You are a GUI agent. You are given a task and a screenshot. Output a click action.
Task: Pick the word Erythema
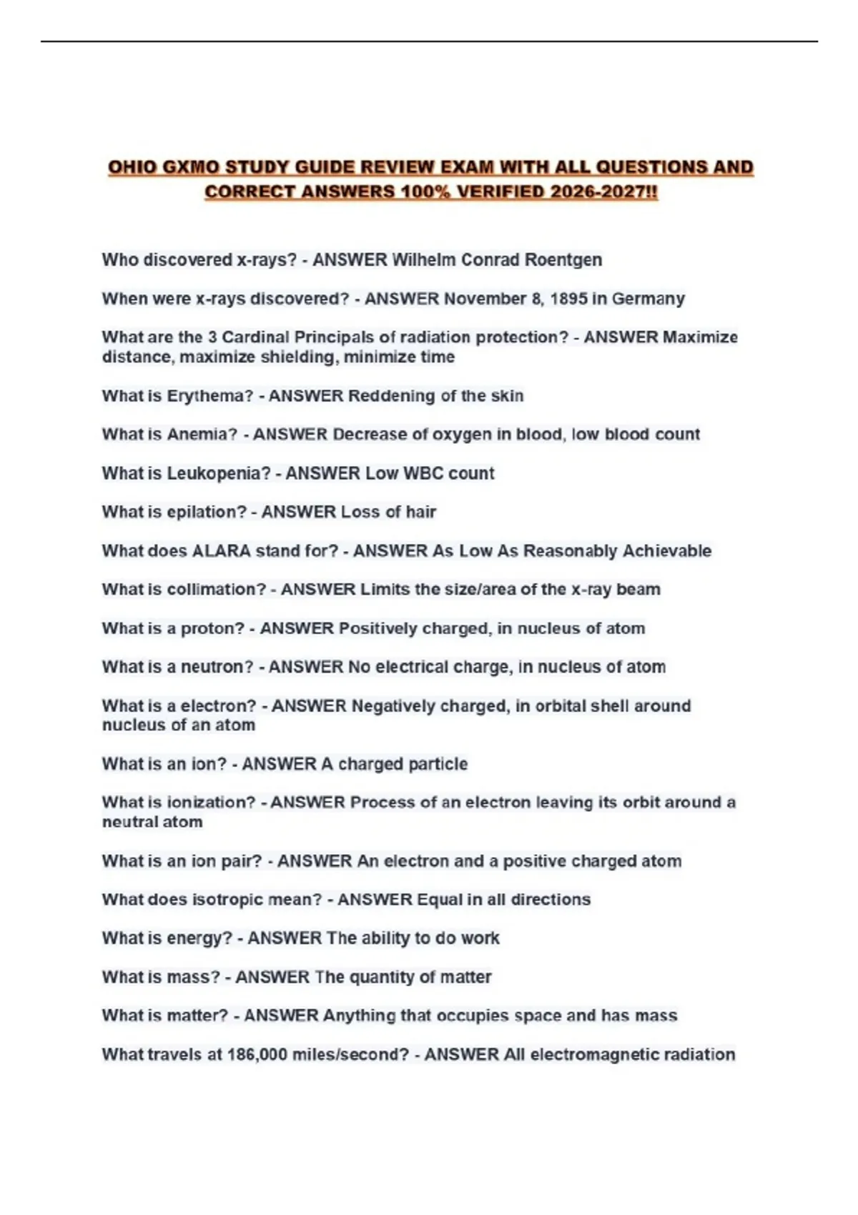pyautogui.click(x=209, y=396)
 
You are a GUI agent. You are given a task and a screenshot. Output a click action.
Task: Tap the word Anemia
pyautogui.click(x=202, y=435)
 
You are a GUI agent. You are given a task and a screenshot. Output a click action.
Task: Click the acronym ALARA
pyautogui.click(x=221, y=551)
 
